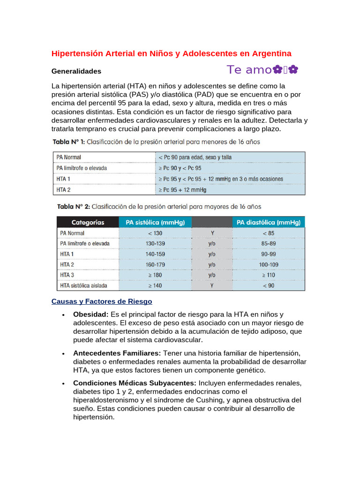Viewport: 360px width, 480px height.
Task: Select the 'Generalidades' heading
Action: click(76, 71)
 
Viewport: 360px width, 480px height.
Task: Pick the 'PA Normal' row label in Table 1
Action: click(68, 157)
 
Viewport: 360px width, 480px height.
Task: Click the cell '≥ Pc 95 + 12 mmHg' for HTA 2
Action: click(182, 190)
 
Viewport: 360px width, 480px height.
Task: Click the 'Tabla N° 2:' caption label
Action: click(74, 206)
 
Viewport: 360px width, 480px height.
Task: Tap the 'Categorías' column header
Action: click(88, 222)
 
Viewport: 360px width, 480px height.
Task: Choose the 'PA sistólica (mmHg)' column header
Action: click(155, 222)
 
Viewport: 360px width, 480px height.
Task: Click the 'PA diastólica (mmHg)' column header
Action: click(269, 222)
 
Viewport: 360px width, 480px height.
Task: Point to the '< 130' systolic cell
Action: click(155, 233)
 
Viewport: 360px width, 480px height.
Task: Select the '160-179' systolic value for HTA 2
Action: click(155, 264)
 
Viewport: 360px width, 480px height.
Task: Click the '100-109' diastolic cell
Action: click(269, 264)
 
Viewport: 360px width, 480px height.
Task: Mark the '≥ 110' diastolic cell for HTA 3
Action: click(269, 275)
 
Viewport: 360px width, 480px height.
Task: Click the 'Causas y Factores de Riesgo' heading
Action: click(102, 301)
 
